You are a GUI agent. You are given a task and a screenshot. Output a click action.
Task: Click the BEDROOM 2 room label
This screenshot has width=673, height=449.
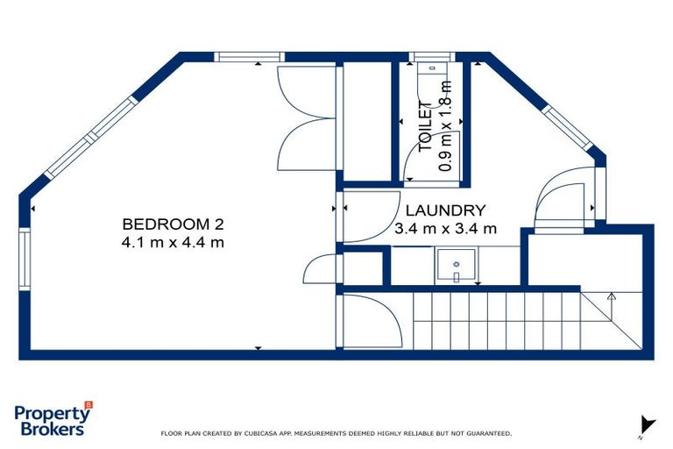(173, 224)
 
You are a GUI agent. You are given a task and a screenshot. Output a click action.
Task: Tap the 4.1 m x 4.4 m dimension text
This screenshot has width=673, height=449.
(173, 242)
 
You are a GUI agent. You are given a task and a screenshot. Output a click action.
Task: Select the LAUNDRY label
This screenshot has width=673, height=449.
(445, 210)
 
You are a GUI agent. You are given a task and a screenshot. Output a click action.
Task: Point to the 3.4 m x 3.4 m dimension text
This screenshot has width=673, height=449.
(445, 229)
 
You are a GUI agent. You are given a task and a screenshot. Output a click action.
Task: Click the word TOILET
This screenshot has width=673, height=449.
(425, 126)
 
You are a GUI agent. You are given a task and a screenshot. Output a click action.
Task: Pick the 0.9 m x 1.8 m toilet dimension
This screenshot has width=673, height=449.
(445, 126)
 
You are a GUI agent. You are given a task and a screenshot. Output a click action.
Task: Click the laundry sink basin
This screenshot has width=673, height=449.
(457, 266)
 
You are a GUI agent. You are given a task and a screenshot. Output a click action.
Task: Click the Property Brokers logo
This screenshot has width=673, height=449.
(53, 419)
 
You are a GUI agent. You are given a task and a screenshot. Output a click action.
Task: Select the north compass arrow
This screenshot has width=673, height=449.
(647, 425)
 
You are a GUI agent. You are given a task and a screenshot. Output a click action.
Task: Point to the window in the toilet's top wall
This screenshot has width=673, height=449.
(432, 57)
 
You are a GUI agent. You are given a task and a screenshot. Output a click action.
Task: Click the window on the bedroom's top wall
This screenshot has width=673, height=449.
(249, 57)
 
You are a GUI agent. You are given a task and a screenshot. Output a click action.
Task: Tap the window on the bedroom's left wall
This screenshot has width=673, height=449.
(25, 259)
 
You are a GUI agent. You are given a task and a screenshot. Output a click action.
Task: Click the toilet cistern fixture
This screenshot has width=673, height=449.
(432, 68)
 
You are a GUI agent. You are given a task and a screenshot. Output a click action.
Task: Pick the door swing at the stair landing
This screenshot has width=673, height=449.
(372, 321)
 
